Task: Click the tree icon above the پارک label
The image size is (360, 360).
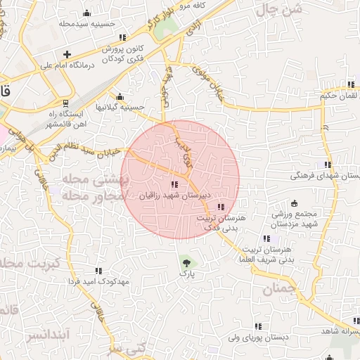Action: point(186,259)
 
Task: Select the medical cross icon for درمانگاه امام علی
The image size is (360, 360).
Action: point(67,54)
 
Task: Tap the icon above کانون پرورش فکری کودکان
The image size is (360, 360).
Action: point(122,37)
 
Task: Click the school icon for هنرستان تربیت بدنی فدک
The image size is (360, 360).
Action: point(221,207)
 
